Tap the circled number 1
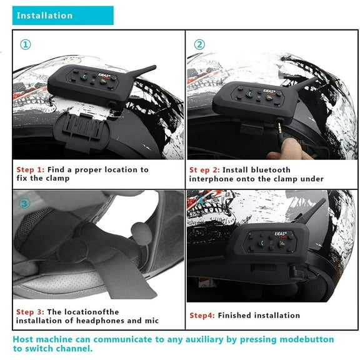point(25,44)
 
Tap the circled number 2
point(199,44)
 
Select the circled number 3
point(24,202)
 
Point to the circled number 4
point(199,202)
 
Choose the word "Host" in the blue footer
point(24,339)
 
